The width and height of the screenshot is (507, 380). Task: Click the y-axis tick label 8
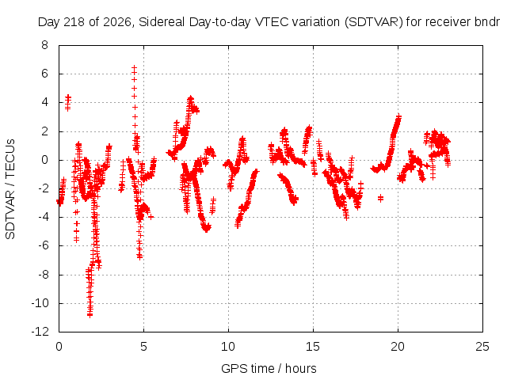44,45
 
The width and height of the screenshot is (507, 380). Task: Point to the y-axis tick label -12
40,332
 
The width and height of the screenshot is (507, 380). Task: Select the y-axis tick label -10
40,303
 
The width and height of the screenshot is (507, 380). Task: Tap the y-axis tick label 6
44,74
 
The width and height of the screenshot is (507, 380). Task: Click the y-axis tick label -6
43,245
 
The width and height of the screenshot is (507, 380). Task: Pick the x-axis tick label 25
482,347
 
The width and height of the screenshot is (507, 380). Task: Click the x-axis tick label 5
143,347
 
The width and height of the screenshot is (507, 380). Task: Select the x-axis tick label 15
313,347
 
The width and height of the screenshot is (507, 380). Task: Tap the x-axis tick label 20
398,347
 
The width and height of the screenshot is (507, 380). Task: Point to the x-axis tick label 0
59,347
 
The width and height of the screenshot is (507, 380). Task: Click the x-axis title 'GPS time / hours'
269,369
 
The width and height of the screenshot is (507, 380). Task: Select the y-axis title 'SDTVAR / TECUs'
10,189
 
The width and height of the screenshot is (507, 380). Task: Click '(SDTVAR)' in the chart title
373,22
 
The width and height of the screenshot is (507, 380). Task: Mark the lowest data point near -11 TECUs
90,315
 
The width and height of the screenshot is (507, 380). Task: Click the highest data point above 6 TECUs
134,67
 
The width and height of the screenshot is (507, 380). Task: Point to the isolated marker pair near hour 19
380,198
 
